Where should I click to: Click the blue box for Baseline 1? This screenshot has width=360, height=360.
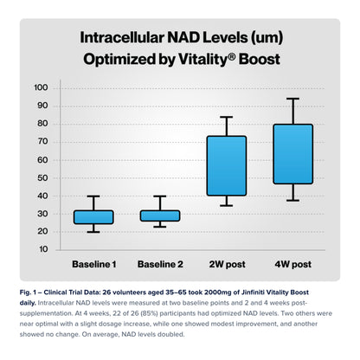[x=93, y=216]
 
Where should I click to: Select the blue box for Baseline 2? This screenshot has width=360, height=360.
[x=160, y=215]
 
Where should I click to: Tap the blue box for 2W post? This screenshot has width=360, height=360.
[x=227, y=165]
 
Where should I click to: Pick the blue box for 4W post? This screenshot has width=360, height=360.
[x=293, y=154]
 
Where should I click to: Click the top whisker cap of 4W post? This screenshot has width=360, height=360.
[x=293, y=99]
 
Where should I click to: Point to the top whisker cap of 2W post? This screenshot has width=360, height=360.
[x=227, y=117]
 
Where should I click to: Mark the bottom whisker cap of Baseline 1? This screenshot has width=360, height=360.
[x=93, y=232]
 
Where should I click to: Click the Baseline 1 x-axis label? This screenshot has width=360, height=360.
[x=93, y=262]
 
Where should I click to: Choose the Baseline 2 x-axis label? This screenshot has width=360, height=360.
[x=160, y=262]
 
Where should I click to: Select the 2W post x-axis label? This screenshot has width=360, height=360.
[x=227, y=262]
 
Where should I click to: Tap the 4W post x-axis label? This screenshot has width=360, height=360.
[x=293, y=262]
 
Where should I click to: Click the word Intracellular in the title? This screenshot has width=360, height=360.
[x=128, y=39]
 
